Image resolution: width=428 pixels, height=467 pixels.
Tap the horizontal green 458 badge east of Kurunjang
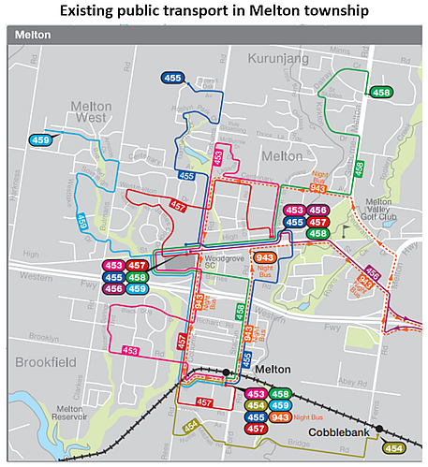click(x=381, y=93)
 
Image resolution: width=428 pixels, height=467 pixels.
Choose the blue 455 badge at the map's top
click(x=172, y=80)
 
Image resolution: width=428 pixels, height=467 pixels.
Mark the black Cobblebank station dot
click(x=380, y=431)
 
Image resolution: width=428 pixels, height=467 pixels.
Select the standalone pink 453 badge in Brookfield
click(x=130, y=351)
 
